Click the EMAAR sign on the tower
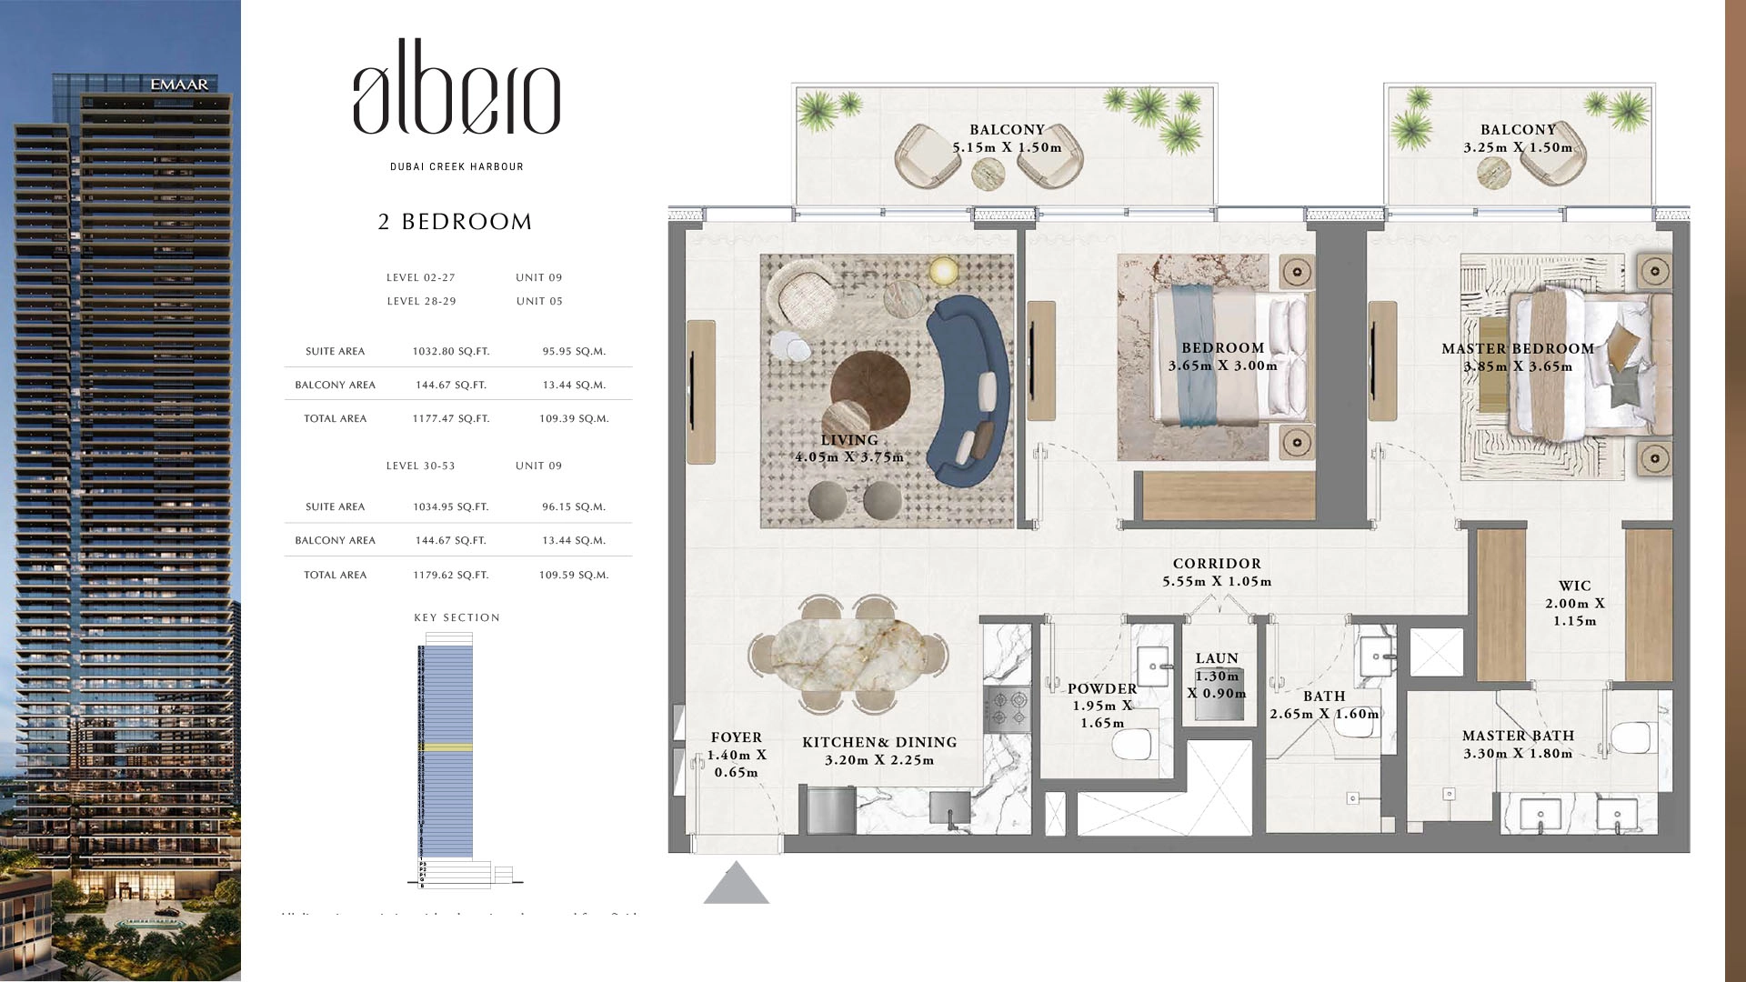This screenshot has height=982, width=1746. click(x=179, y=85)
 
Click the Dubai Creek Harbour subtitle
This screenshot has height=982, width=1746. click(x=457, y=166)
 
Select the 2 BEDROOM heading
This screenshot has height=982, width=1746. click(x=455, y=222)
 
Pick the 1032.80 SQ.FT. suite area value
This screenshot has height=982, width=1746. click(x=450, y=351)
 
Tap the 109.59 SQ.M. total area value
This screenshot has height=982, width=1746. click(x=573, y=575)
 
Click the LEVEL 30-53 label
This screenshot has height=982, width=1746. click(x=420, y=466)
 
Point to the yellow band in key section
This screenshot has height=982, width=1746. click(x=446, y=747)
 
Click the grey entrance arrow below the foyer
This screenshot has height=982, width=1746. click(x=736, y=885)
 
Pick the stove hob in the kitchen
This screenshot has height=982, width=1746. click(x=1007, y=709)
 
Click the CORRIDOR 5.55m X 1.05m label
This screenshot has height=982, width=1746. click(x=1216, y=573)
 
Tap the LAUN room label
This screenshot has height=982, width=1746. click(x=1217, y=658)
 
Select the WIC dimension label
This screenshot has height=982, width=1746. click(x=1574, y=603)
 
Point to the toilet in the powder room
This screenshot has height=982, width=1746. click(x=1131, y=746)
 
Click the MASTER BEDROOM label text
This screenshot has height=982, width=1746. click(x=1517, y=349)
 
